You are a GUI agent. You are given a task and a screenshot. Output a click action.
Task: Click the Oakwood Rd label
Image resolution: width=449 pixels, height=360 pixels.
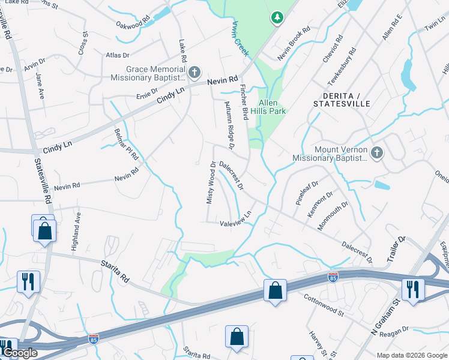[134, 25]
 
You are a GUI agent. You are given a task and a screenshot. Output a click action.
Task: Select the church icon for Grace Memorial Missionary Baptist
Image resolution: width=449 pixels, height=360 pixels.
[194, 73]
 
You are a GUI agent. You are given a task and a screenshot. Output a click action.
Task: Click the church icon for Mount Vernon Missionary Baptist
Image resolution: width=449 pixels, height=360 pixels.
[376, 152]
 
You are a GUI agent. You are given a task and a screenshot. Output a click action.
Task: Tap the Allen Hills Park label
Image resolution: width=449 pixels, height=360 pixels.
[268, 106]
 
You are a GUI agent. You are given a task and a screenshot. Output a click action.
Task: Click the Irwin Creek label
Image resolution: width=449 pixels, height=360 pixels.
[240, 38]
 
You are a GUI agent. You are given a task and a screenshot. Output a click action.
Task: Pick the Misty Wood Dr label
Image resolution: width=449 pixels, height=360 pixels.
[211, 182]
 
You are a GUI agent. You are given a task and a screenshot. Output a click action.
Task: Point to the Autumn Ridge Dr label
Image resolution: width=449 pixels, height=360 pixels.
[228, 124]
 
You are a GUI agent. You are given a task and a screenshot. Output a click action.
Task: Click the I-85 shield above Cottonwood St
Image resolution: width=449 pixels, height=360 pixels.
[333, 277]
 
